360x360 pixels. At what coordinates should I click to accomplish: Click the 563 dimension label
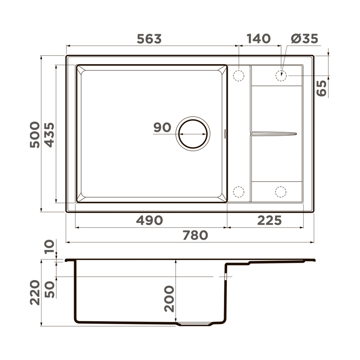149,39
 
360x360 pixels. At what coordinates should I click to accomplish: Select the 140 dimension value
258,39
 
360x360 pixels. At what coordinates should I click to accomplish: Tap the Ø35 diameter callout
304,39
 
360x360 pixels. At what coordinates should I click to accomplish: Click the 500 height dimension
35,134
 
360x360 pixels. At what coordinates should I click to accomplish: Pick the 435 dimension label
49,134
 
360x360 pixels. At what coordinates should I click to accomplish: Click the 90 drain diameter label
162,128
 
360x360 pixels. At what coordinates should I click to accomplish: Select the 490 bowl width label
149,220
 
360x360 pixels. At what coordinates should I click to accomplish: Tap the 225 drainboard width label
269,220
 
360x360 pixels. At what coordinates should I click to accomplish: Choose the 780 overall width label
195,235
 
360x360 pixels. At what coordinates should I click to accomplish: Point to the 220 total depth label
35,292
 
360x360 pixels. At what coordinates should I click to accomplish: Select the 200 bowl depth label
169,298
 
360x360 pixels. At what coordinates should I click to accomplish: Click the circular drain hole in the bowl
193,134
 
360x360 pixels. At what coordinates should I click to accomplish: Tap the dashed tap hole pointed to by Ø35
281,76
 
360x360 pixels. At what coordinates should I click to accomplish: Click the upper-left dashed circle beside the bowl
239,76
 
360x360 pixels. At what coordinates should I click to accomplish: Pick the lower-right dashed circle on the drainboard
281,192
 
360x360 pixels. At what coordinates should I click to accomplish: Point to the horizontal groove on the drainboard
274,134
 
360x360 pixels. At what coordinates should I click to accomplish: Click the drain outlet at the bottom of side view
195,324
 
